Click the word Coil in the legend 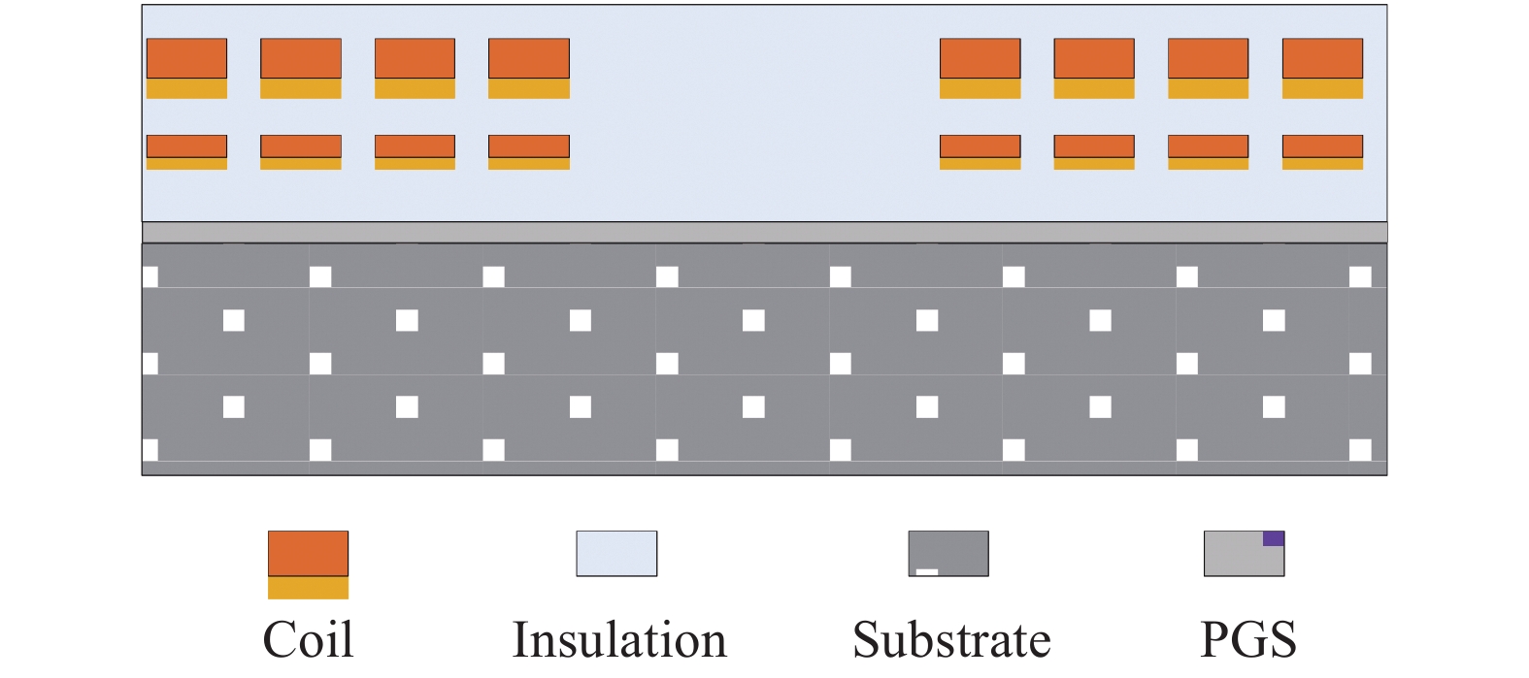click(x=308, y=640)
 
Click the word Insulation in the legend click(x=619, y=640)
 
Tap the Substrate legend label click(x=951, y=640)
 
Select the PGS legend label click(x=1247, y=640)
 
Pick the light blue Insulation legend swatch click(x=616, y=554)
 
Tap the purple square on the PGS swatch click(x=1274, y=538)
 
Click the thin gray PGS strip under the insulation click(x=764, y=232)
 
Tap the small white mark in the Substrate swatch click(x=927, y=571)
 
